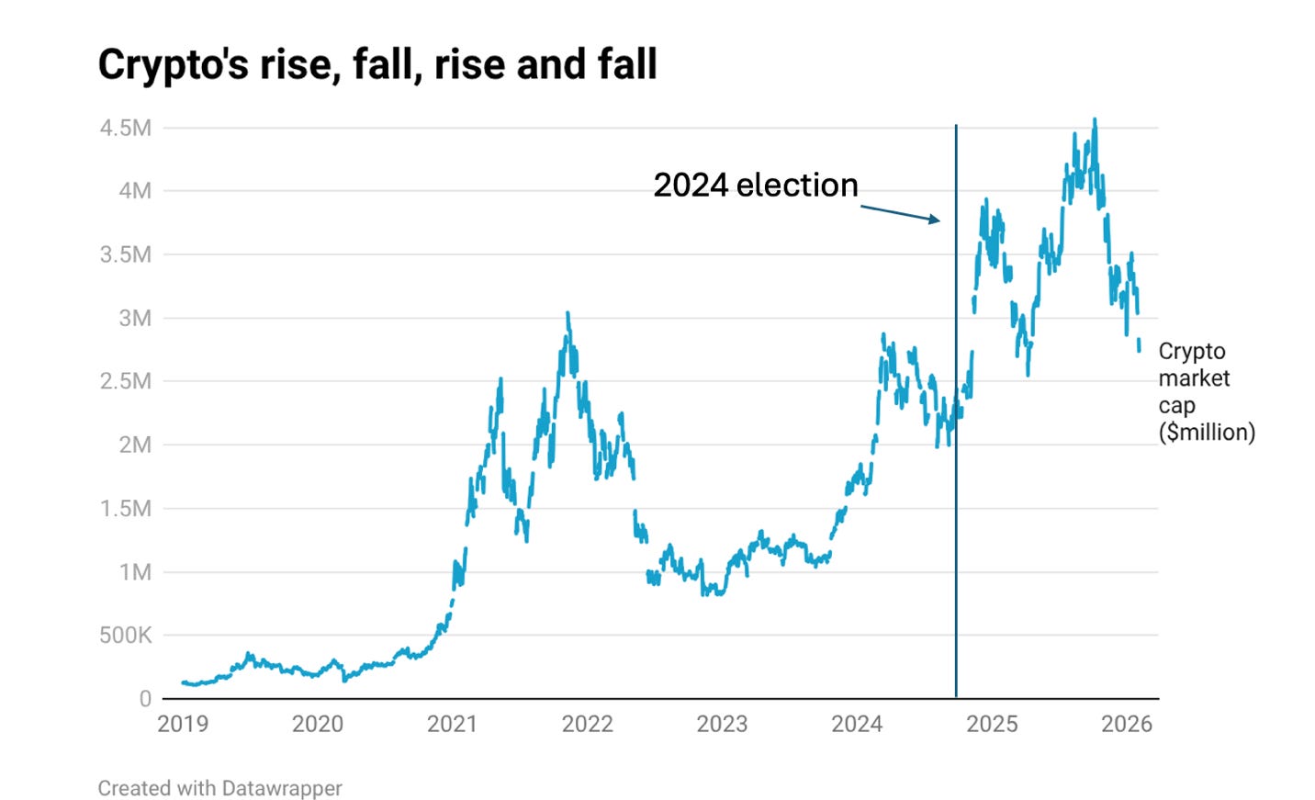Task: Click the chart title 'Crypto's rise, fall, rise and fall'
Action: (x=377, y=65)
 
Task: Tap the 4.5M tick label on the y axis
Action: (x=126, y=128)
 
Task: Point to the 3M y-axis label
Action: (x=134, y=318)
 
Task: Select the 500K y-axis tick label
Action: (x=126, y=635)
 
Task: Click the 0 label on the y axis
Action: (x=145, y=699)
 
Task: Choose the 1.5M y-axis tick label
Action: (x=126, y=508)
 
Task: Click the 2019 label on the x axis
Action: (x=183, y=724)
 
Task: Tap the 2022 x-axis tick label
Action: (x=587, y=724)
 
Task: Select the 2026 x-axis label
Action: (x=1126, y=724)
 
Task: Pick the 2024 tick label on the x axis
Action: (x=857, y=724)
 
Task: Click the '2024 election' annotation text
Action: (x=755, y=186)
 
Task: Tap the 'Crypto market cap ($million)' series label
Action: (x=1205, y=391)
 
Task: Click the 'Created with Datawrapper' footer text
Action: (x=219, y=788)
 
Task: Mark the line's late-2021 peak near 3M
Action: (x=568, y=314)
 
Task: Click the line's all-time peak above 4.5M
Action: (x=1095, y=119)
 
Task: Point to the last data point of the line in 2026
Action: (x=1140, y=349)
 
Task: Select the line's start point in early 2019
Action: (x=184, y=682)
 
